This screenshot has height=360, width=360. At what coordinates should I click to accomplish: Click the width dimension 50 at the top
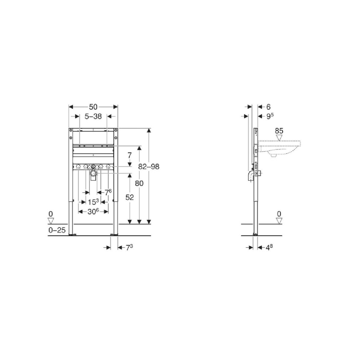click(x=93, y=107)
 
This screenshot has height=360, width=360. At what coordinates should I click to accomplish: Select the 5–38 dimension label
click(x=93, y=116)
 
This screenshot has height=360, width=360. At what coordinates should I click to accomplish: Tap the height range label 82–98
click(x=149, y=166)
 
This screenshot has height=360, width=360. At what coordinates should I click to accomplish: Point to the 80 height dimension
click(x=139, y=183)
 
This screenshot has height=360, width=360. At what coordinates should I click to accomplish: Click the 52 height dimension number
click(x=130, y=197)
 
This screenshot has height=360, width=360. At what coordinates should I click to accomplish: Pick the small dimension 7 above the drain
click(x=130, y=155)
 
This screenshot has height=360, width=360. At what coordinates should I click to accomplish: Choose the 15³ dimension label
click(x=93, y=202)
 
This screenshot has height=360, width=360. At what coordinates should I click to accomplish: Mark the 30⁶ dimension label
click(x=93, y=211)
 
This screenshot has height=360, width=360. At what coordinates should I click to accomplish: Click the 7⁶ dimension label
click(x=108, y=192)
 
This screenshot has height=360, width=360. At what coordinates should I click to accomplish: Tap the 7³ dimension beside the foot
click(x=129, y=247)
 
